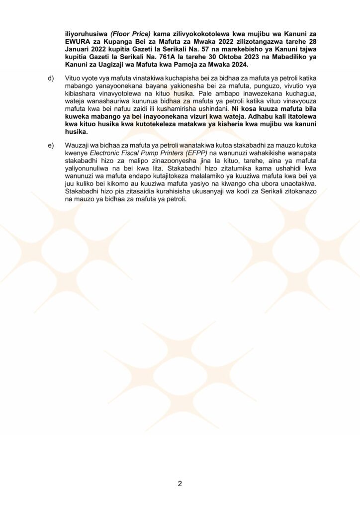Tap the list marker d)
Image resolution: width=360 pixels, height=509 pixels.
point(51,79)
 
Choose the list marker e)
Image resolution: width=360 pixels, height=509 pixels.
point(51,145)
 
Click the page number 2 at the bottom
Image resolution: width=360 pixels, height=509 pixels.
point(180,484)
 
